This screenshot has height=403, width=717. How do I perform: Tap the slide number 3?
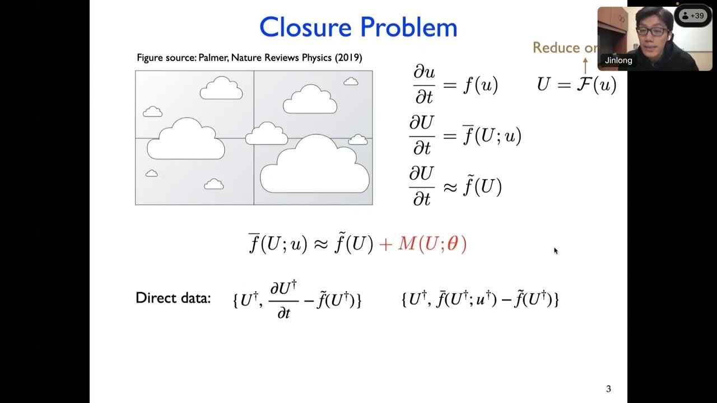[x=608, y=389]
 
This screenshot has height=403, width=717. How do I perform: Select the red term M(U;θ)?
[x=432, y=244]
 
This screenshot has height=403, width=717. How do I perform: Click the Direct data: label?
[x=173, y=298]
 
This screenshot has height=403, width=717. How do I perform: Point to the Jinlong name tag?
[x=618, y=60]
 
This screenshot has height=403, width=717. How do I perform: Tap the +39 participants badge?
[x=693, y=16]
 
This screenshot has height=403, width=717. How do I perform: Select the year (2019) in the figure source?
[x=348, y=58]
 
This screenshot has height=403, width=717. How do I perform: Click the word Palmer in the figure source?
[x=212, y=58]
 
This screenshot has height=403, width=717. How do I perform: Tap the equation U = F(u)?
[x=576, y=85]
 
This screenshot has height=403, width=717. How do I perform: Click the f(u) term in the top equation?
[x=480, y=85]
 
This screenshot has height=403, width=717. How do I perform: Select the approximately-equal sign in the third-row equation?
[x=450, y=188]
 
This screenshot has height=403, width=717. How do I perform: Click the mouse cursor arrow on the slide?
[x=556, y=251]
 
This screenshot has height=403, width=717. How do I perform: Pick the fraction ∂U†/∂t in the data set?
[x=283, y=301]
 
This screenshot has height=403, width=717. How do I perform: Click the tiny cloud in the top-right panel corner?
[x=351, y=82]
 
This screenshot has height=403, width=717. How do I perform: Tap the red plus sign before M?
[x=385, y=245]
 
